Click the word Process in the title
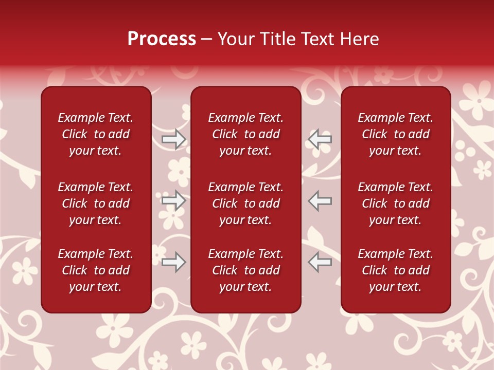click(162, 39)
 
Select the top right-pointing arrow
click(174, 139)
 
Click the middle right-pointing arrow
click(174, 200)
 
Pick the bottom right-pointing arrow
click(174, 263)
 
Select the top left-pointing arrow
click(320, 139)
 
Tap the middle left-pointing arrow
click(320, 200)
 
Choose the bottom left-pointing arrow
click(320, 263)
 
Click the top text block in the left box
click(96, 134)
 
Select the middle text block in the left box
click(96, 203)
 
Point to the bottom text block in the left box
click(96, 270)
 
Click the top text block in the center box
click(245, 134)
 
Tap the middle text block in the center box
click(245, 203)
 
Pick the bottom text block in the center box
click(245, 270)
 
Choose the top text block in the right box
click(395, 134)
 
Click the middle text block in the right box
click(395, 203)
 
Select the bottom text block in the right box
click(395, 270)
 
